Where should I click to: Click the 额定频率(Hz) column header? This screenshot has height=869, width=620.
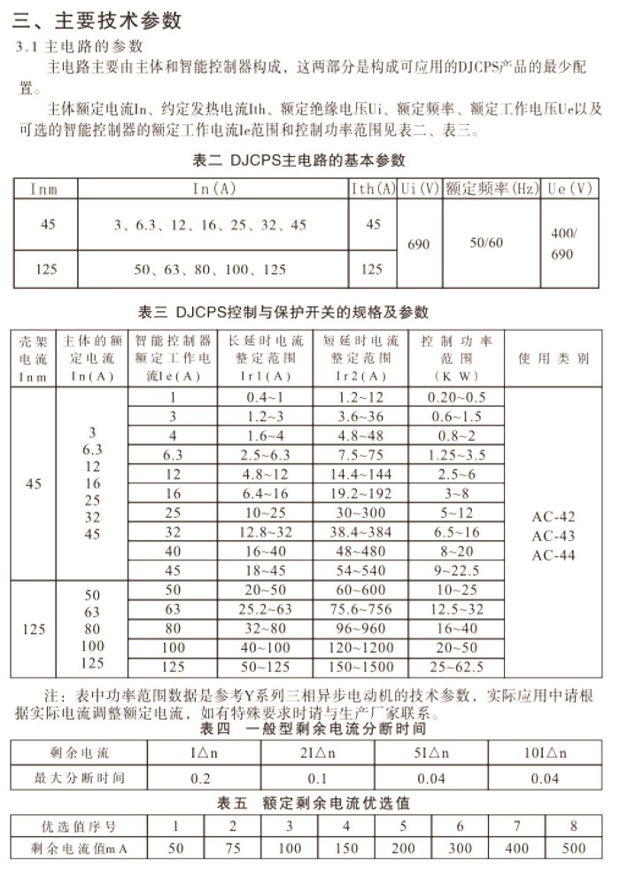pos(492,188)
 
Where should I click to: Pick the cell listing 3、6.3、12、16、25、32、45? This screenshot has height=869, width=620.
pos(210,225)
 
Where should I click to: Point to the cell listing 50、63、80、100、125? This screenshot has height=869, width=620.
pos(210,269)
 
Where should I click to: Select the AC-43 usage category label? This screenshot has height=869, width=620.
pos(553,536)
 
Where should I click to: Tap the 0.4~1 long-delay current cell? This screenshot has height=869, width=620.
pos(265,397)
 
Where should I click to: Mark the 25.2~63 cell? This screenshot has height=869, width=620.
pos(265,609)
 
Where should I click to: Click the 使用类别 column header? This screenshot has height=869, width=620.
pos(554,358)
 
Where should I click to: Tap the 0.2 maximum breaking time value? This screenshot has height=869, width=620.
pos(202,779)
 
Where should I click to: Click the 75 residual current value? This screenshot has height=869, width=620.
pos(232,848)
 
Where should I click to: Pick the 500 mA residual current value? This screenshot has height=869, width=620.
pos(574,848)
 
